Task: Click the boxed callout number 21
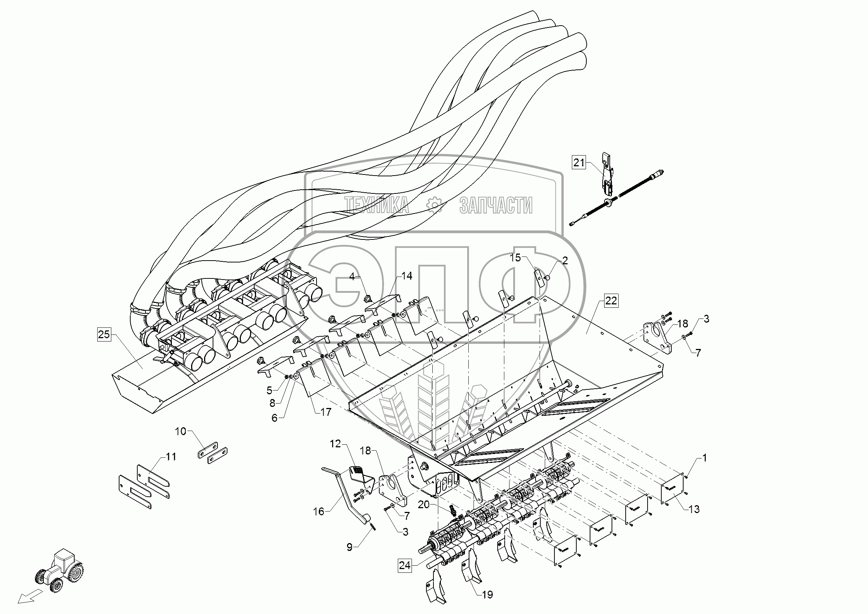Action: click(x=579, y=163)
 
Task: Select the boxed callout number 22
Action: click(x=611, y=301)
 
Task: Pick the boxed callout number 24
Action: click(x=404, y=575)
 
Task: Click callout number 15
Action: click(x=515, y=258)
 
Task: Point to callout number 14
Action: click(x=407, y=276)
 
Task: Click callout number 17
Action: click(x=325, y=412)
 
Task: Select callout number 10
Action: click(x=181, y=431)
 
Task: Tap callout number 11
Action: click(x=170, y=457)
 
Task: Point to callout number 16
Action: click(x=319, y=512)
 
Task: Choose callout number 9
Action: click(x=349, y=547)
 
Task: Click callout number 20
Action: click(x=424, y=504)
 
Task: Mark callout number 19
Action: click(x=487, y=595)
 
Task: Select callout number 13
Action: click(x=694, y=509)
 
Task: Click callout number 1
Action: click(x=704, y=458)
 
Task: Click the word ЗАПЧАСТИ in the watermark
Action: click(x=496, y=205)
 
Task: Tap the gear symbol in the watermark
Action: click(x=434, y=205)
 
